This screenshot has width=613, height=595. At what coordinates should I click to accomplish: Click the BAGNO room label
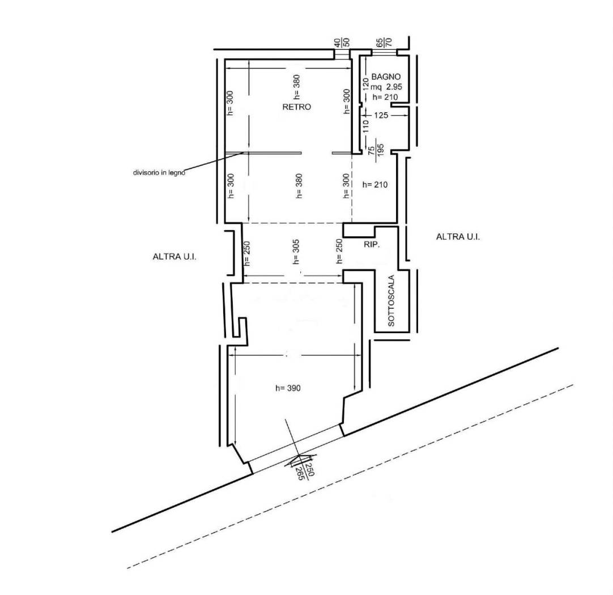coord(385,76)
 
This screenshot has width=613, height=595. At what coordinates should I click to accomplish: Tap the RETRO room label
coord(297,107)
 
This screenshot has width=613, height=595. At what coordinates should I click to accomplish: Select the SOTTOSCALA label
coord(391,301)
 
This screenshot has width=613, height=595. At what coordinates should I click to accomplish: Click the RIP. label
coord(372,245)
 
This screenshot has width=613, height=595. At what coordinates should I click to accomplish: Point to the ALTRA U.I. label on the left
coord(174,257)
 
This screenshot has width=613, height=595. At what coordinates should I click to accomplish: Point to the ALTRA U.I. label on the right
coord(458,236)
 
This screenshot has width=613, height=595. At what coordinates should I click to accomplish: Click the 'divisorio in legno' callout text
coord(159,172)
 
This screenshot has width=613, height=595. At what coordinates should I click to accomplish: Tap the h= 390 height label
coord(288,388)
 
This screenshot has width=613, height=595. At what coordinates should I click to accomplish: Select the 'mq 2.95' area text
coord(386,87)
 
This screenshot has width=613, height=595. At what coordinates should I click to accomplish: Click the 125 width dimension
coord(381,115)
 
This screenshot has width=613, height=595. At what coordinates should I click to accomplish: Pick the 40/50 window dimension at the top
coord(342,42)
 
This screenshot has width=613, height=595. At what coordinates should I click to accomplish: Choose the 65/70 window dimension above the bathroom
coord(384,42)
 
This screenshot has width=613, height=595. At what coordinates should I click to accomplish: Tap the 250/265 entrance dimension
coord(305,469)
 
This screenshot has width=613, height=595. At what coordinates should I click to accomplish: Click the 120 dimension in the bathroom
coord(365,83)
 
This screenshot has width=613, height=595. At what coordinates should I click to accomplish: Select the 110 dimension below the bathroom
coord(365,126)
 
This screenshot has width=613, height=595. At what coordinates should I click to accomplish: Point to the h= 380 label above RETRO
coord(296,87)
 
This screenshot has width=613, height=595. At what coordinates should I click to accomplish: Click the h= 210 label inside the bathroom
coord(385,97)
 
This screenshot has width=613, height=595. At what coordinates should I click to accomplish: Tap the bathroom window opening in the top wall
coord(384,52)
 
